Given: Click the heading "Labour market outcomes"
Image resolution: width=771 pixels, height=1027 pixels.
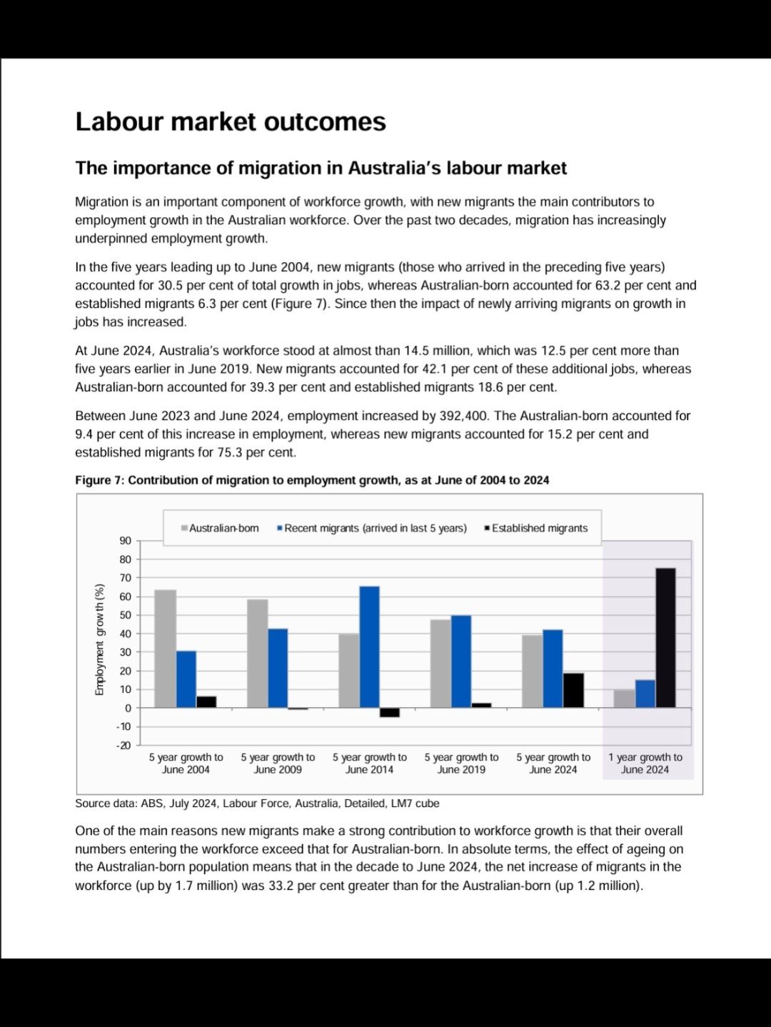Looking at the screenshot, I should click(231, 122).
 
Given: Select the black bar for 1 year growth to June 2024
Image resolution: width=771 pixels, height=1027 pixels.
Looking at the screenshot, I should click(665, 638).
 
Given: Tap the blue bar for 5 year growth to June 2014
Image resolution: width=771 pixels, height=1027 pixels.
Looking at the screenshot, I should click(369, 646).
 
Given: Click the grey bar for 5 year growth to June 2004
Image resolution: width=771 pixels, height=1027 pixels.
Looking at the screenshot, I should click(165, 648).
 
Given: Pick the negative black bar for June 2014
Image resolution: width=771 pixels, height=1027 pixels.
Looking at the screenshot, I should click(390, 712).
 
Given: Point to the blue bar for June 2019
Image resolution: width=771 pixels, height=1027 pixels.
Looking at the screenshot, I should click(461, 661).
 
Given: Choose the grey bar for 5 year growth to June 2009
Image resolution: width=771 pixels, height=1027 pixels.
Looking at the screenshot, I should click(257, 653).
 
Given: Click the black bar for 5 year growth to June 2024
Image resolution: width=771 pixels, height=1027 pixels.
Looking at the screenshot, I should click(573, 690).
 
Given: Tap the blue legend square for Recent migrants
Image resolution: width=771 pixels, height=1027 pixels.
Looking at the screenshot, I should click(280, 528).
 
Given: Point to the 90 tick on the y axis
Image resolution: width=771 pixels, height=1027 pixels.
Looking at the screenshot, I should click(126, 541).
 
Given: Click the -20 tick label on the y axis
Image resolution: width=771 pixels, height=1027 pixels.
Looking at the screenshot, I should click(124, 745).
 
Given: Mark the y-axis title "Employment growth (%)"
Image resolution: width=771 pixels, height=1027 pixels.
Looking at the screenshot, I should click(100, 639).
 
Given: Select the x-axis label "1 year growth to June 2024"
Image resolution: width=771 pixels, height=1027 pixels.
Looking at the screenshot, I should click(645, 763).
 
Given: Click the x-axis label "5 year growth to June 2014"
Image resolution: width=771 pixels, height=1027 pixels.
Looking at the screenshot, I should click(369, 763).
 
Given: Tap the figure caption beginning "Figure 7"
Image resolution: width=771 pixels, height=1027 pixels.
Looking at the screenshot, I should click(312, 481).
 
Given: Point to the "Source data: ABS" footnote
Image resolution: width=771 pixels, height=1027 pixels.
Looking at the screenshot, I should click(257, 803).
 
